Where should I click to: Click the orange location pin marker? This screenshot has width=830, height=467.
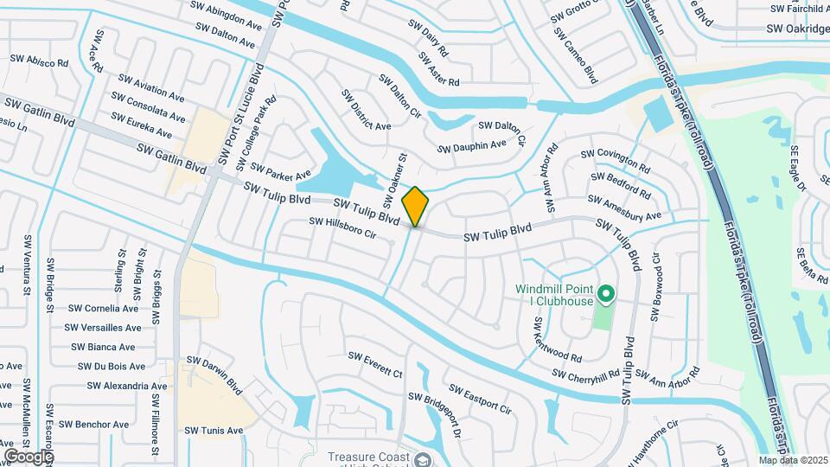coord(415,207)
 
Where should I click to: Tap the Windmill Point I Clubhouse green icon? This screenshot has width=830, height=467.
coord(606,295)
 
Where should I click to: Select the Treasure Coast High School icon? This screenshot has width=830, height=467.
coord(422,459)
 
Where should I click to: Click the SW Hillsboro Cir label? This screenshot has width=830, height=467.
coord(343,227)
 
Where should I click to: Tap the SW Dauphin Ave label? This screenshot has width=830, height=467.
coord(471,146)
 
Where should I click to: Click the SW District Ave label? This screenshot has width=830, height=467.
coord(366,110)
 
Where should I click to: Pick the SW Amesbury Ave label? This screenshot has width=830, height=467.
coord(628,207)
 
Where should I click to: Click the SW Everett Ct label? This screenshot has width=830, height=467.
coord(375,365)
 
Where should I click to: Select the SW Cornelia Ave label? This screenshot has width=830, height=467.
coord(103,308)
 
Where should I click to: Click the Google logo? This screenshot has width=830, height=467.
coord(29,456)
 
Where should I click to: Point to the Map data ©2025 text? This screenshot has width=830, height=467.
coord(793,460)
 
